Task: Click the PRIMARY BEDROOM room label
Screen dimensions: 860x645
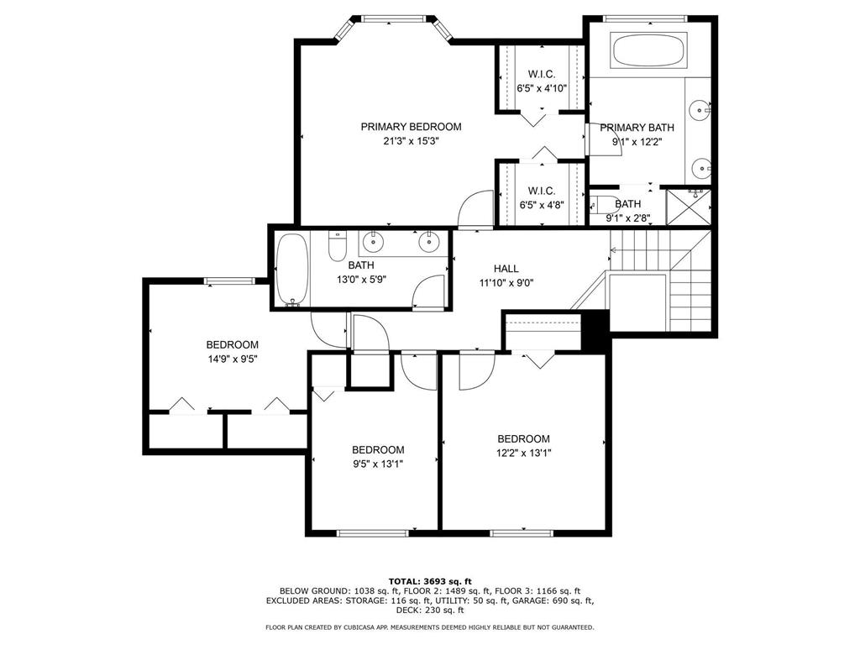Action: [x=411, y=127]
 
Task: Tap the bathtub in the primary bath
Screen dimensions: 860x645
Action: [x=648, y=51]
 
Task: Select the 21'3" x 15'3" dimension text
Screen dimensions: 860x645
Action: [x=411, y=141]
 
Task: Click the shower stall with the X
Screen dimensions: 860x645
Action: [x=689, y=207]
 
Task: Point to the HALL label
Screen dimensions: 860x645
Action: [x=506, y=269]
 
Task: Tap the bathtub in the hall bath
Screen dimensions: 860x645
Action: [x=291, y=270]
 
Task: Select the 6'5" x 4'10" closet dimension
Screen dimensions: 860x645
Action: [x=542, y=88]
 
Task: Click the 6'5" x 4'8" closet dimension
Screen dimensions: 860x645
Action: [x=542, y=206]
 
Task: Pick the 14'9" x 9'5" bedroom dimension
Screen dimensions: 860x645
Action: [x=233, y=359]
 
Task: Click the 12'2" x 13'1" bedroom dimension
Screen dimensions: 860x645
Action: [x=523, y=453]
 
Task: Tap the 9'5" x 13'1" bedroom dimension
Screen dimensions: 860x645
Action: [x=378, y=464]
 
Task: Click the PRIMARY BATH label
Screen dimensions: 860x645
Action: [x=637, y=128]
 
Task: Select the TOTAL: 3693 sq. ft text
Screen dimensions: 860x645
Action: [x=430, y=581]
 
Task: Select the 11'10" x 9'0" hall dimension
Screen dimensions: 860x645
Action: [x=506, y=283]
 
